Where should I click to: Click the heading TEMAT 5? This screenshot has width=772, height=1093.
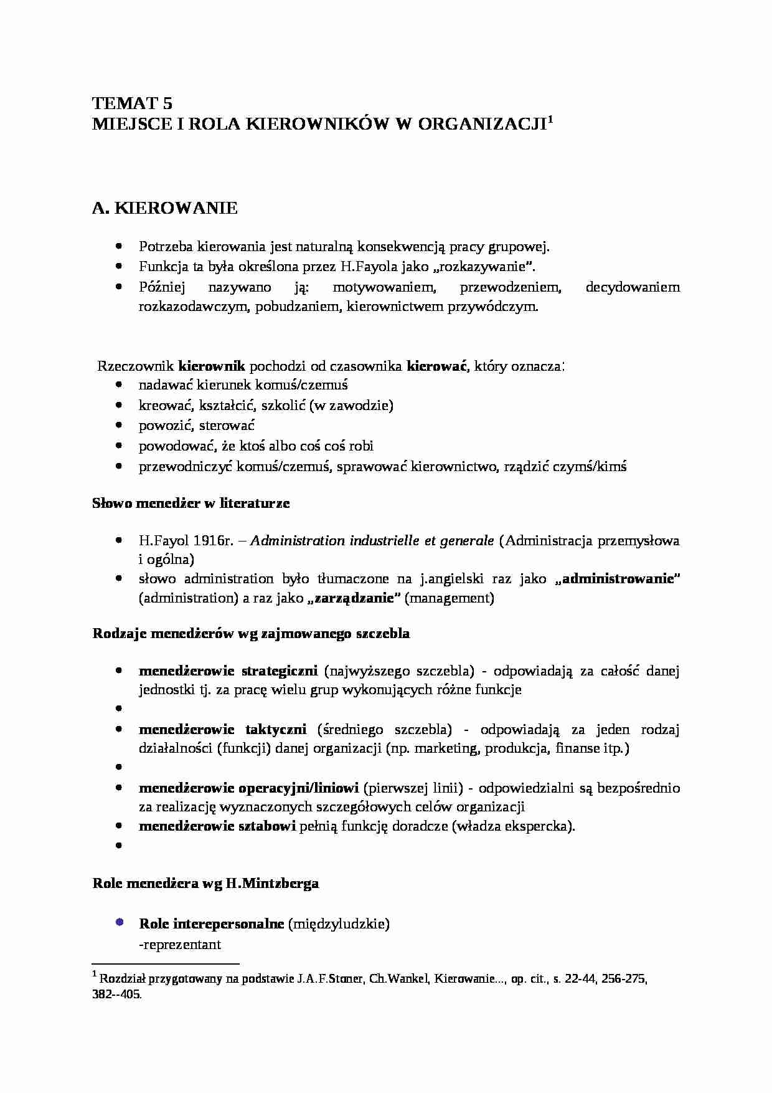(132, 103)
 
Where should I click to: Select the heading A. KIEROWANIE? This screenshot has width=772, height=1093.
(165, 208)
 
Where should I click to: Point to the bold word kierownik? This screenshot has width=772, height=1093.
(212, 366)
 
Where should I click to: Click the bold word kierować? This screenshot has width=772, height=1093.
(436, 366)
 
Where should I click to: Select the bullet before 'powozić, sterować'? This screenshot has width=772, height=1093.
(118, 425)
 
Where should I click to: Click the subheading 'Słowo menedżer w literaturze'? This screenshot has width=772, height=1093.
(191, 503)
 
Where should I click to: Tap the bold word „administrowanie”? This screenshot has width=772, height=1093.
(617, 578)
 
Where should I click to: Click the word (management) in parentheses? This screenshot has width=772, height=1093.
(449, 598)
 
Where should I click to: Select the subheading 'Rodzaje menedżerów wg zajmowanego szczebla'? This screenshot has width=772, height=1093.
(251, 634)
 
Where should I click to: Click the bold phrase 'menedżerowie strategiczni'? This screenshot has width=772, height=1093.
(228, 671)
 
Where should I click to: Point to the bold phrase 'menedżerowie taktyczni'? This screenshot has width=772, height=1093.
(222, 729)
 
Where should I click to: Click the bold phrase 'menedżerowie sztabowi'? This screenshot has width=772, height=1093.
(217, 826)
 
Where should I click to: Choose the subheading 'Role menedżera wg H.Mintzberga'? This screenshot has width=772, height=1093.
(205, 883)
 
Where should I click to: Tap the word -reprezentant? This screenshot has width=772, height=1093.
(180, 944)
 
